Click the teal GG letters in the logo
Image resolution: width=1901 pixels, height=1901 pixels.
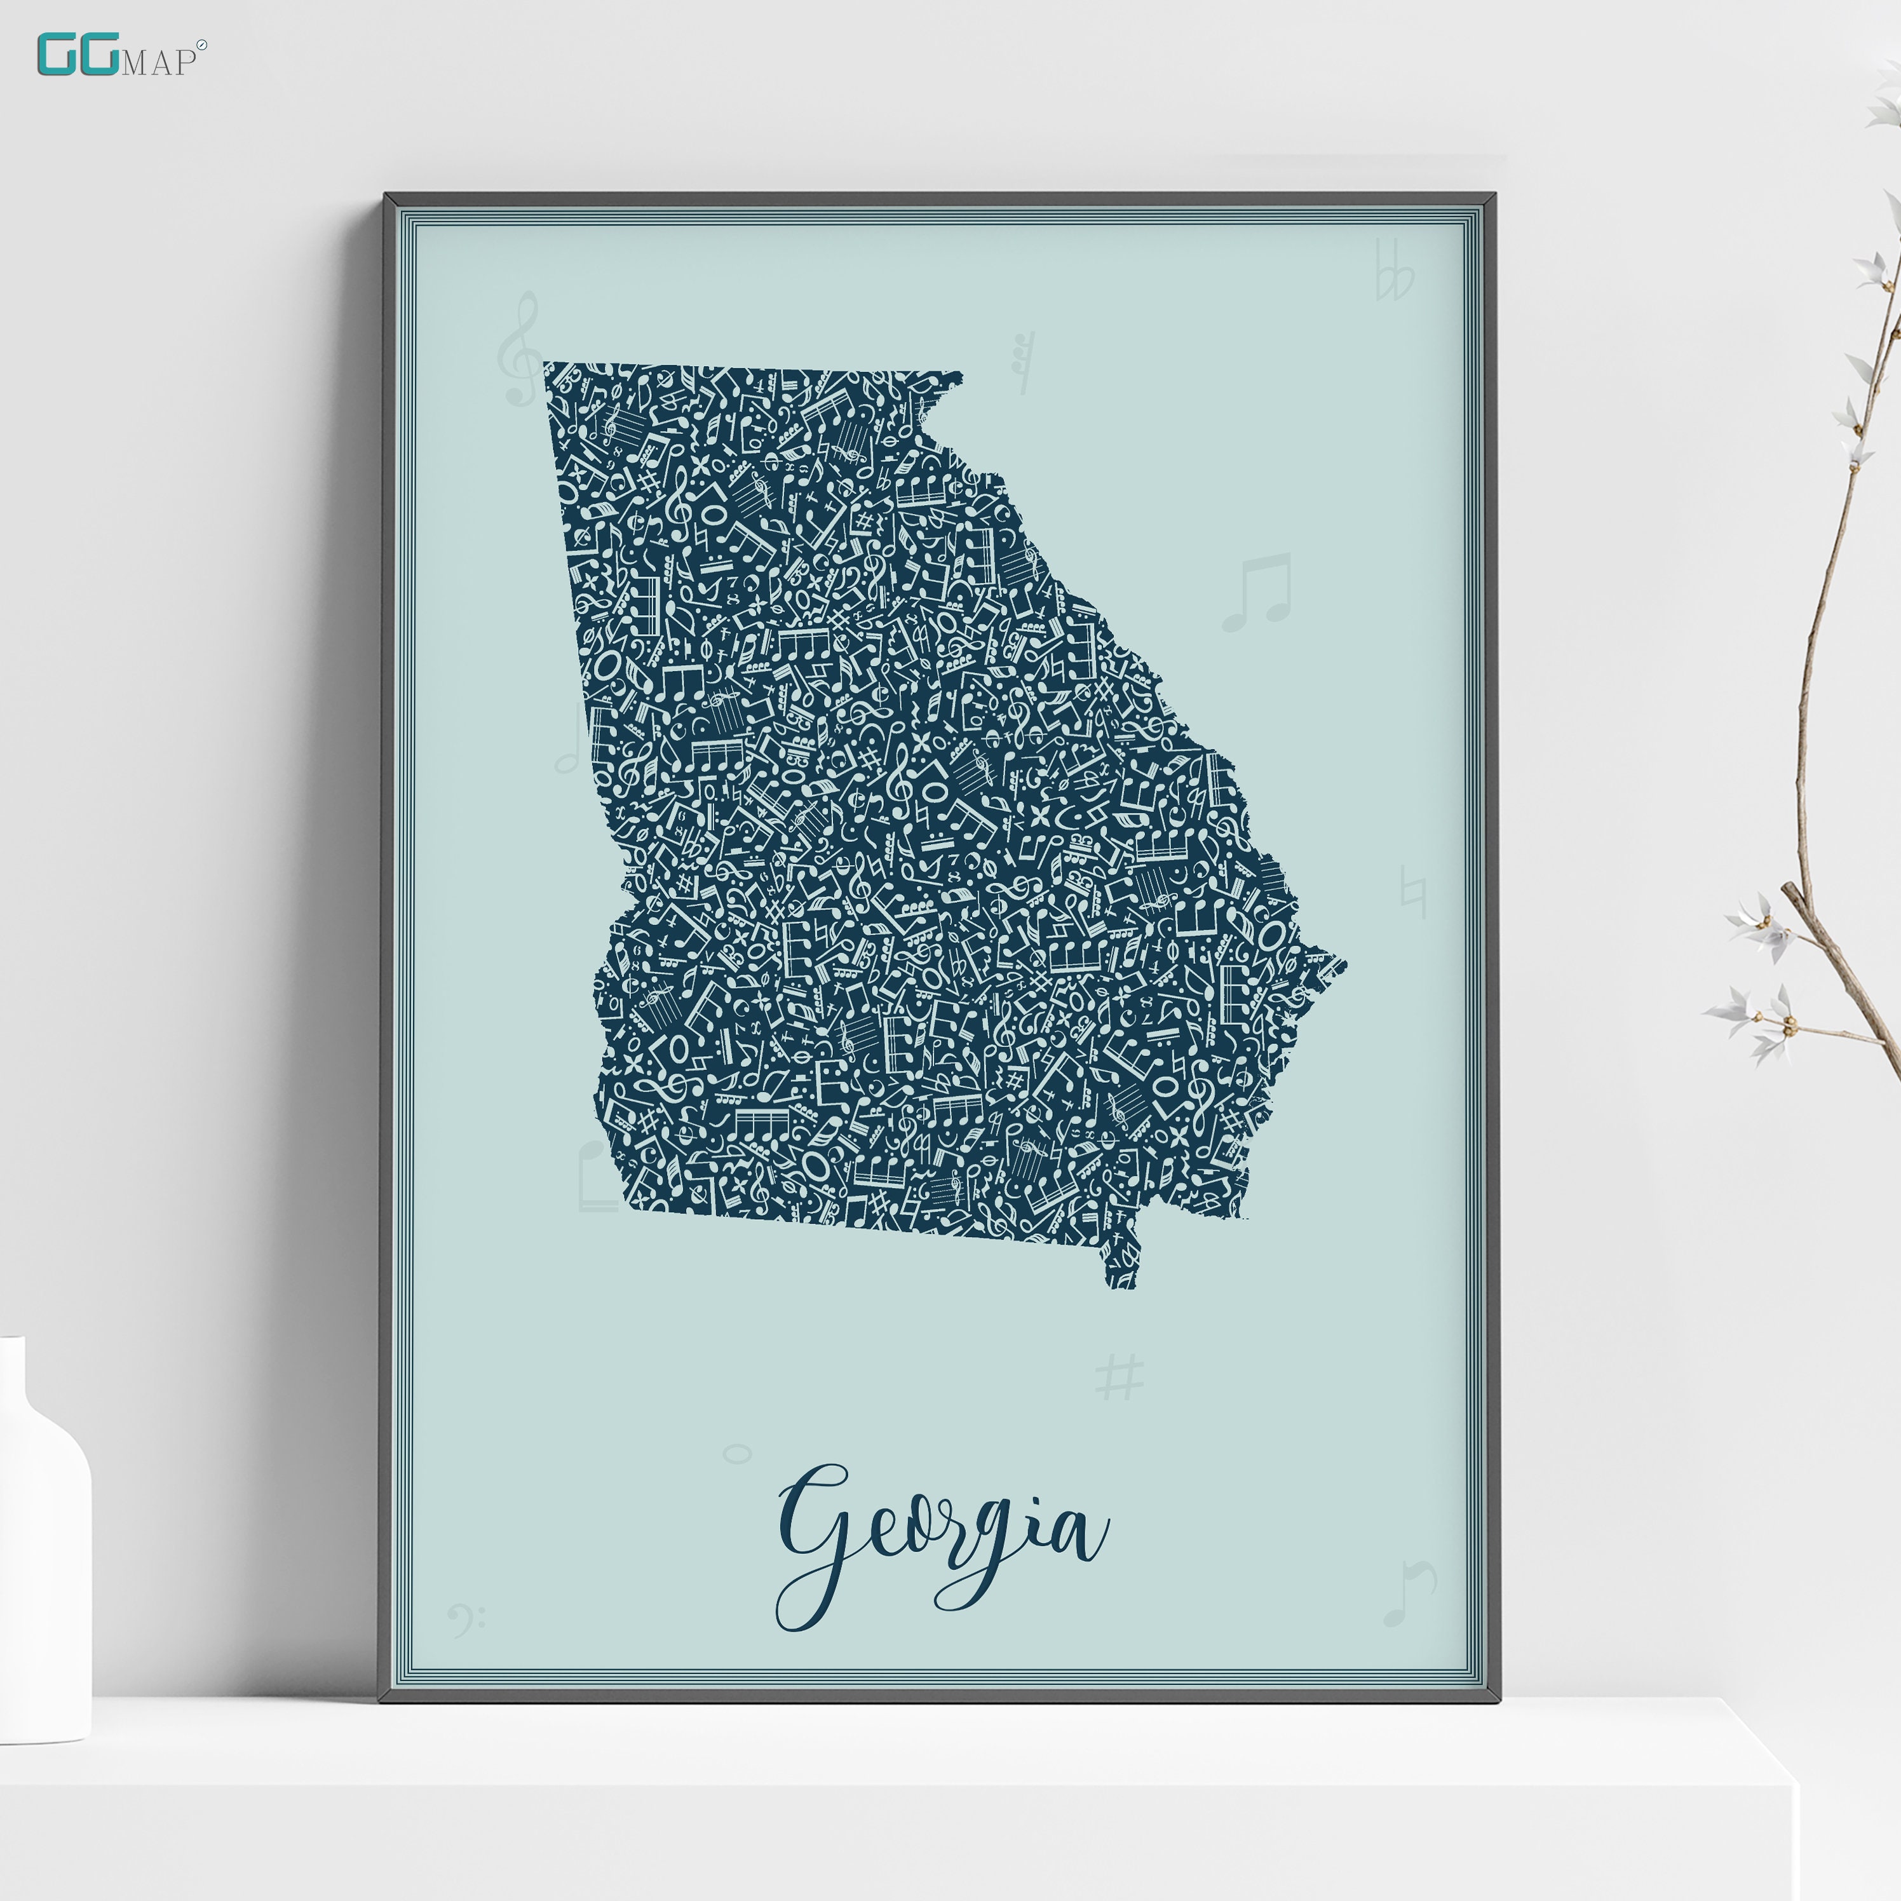[79, 55]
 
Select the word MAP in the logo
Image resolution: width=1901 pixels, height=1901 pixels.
[158, 63]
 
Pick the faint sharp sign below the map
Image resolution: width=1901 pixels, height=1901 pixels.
[1120, 1377]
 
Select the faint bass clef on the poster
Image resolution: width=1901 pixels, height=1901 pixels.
[464, 1618]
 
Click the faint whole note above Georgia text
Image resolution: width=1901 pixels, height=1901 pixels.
[737, 1453]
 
